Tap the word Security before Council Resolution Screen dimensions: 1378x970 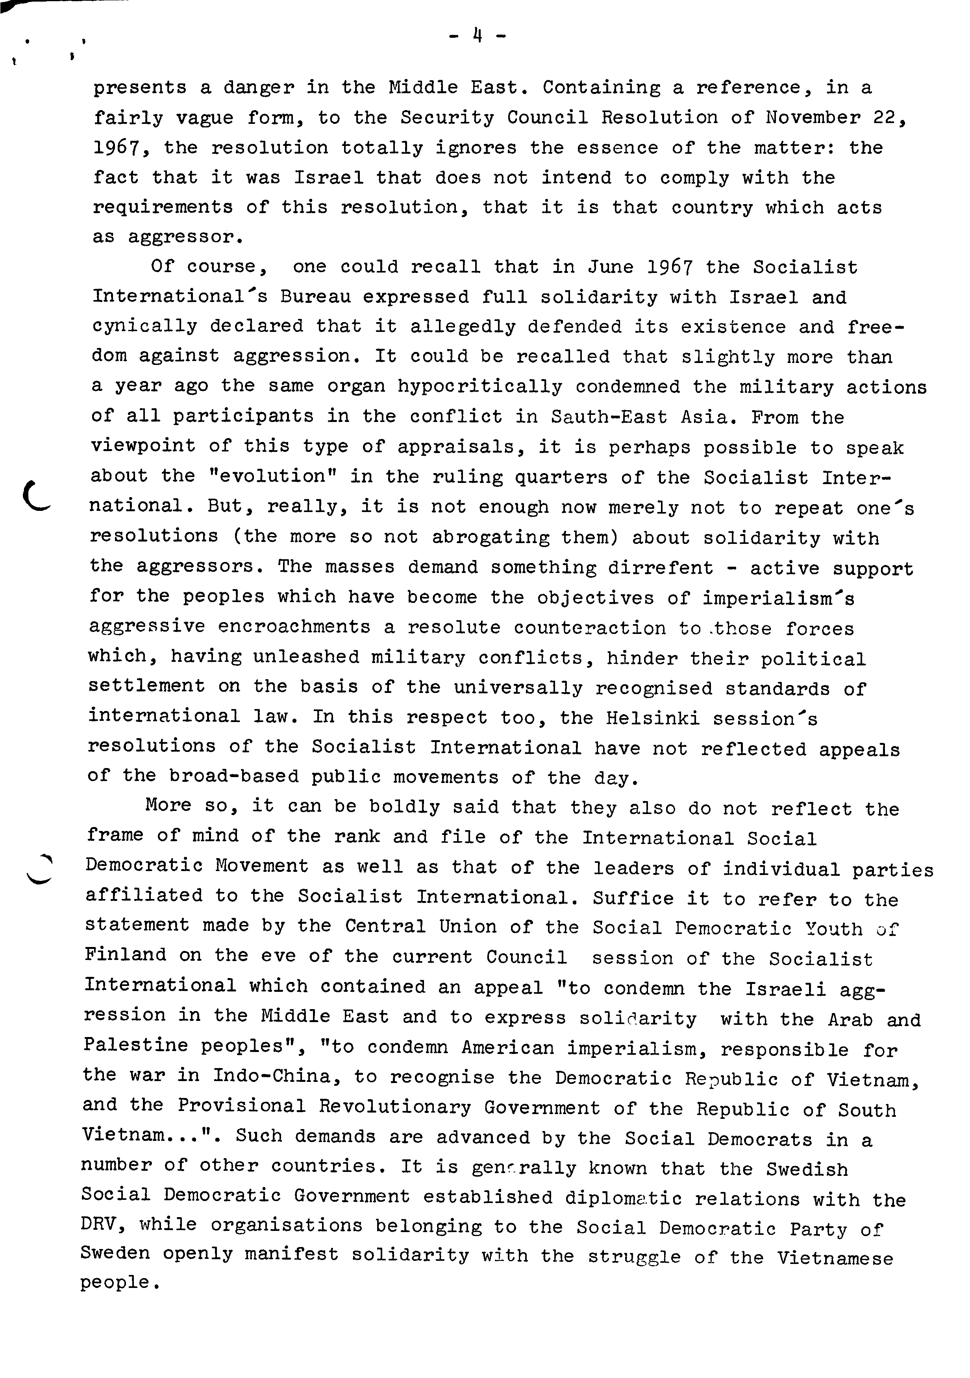tap(448, 118)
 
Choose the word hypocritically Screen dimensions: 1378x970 tap(480, 387)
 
